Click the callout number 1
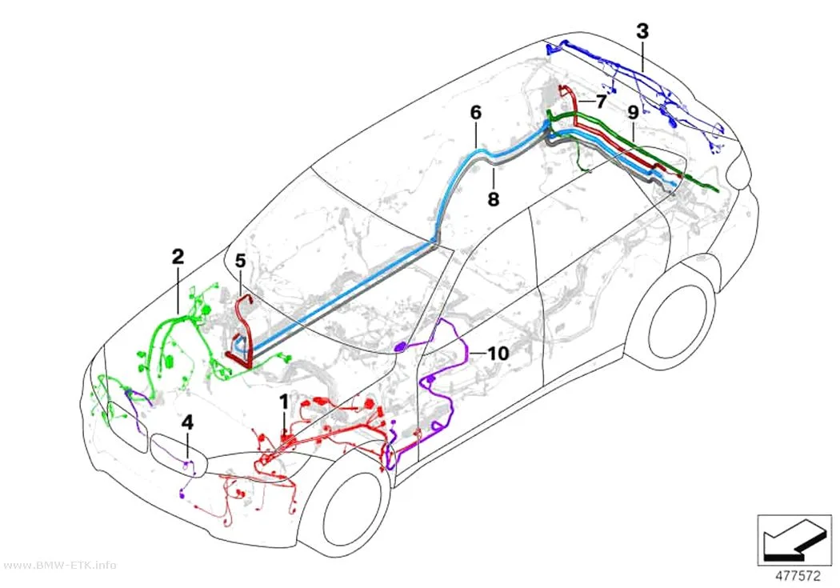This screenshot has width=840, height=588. point(284,402)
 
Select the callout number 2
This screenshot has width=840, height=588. point(178,257)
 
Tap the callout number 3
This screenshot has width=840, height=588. point(642,31)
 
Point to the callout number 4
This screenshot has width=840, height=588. point(187,422)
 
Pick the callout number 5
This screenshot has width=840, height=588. point(240,262)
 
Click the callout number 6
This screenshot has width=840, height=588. point(476,113)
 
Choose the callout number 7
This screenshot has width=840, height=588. point(601,101)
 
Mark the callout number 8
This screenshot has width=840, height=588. point(494,199)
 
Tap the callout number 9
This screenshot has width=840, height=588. point(633,113)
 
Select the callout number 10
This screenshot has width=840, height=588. point(498,353)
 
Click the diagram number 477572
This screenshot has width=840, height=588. point(798,576)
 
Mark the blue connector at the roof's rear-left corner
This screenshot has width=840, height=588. point(553,50)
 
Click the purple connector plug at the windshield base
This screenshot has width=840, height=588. point(400,347)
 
